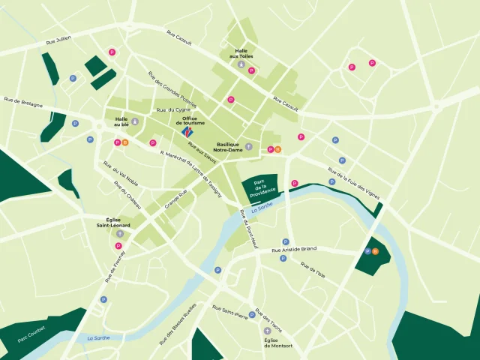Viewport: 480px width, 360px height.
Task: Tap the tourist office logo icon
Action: (x=187, y=132)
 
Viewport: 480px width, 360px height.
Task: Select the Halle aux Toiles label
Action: (x=241, y=53)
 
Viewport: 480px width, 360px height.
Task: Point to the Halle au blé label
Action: (x=121, y=121)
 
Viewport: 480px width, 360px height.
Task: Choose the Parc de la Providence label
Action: (x=259, y=187)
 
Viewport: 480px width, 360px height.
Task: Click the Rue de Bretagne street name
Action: (x=23, y=102)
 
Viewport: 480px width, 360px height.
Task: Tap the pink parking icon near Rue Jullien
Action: (x=112, y=52)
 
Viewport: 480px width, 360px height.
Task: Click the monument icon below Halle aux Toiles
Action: (x=241, y=65)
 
